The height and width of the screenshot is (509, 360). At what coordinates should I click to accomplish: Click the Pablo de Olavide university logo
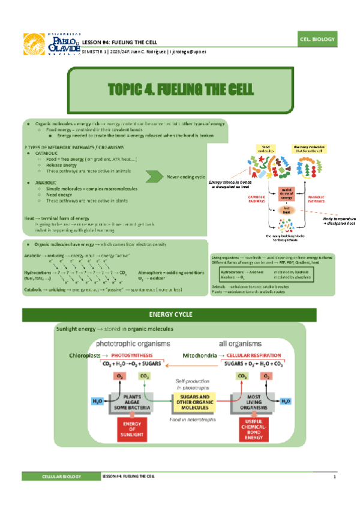50,43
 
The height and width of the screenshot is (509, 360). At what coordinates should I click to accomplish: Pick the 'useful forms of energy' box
287,193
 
